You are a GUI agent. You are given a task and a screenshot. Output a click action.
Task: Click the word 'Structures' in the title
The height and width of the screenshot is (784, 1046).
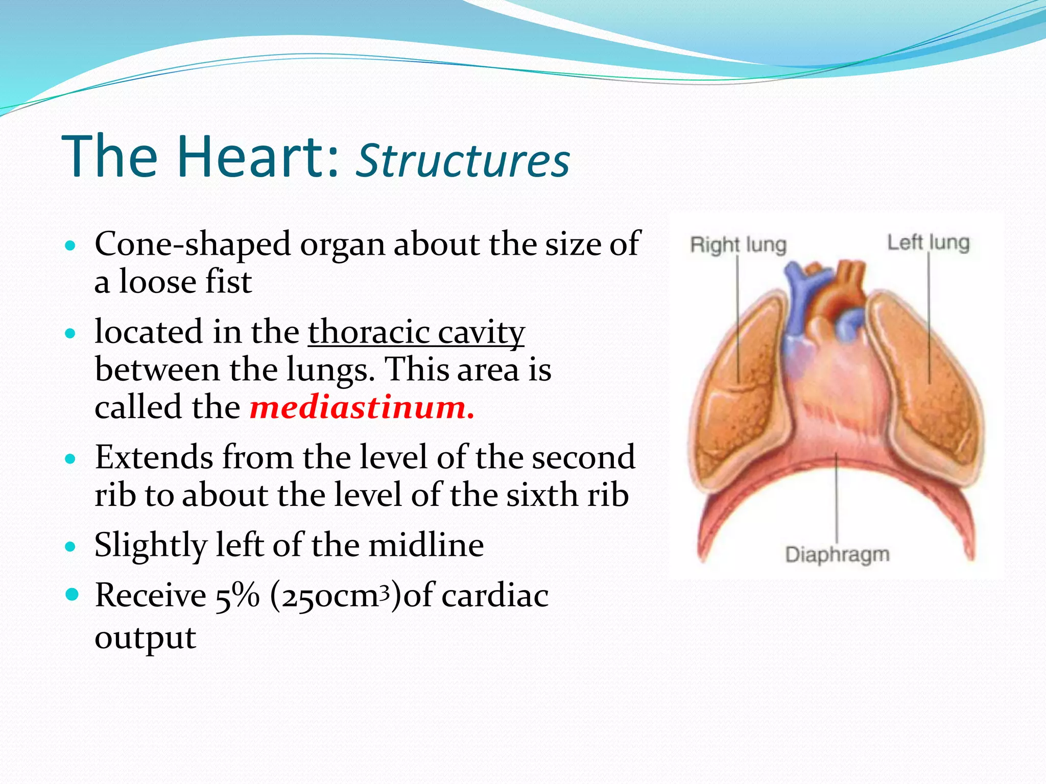[x=462, y=160]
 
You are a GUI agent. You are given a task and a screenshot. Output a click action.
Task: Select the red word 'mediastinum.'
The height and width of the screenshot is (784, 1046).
[x=362, y=407]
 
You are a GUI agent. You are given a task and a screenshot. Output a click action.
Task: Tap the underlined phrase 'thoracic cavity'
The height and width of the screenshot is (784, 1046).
[x=416, y=332]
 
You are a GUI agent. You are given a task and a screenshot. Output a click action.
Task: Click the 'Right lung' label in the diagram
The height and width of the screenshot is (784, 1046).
[x=738, y=245]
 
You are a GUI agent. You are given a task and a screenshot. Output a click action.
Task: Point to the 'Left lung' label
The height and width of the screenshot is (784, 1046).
[x=928, y=242]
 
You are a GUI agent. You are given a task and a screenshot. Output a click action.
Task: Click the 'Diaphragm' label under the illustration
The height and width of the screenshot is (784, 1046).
[x=837, y=554]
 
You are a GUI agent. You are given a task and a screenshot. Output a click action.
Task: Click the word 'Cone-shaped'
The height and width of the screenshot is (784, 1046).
[x=192, y=244]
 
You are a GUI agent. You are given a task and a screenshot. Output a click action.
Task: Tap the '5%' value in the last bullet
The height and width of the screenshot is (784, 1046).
[x=237, y=596]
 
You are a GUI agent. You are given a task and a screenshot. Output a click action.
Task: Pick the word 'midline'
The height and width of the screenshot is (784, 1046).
[x=426, y=545]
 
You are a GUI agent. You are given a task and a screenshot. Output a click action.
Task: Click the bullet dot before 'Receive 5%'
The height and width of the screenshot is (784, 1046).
[x=72, y=595]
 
